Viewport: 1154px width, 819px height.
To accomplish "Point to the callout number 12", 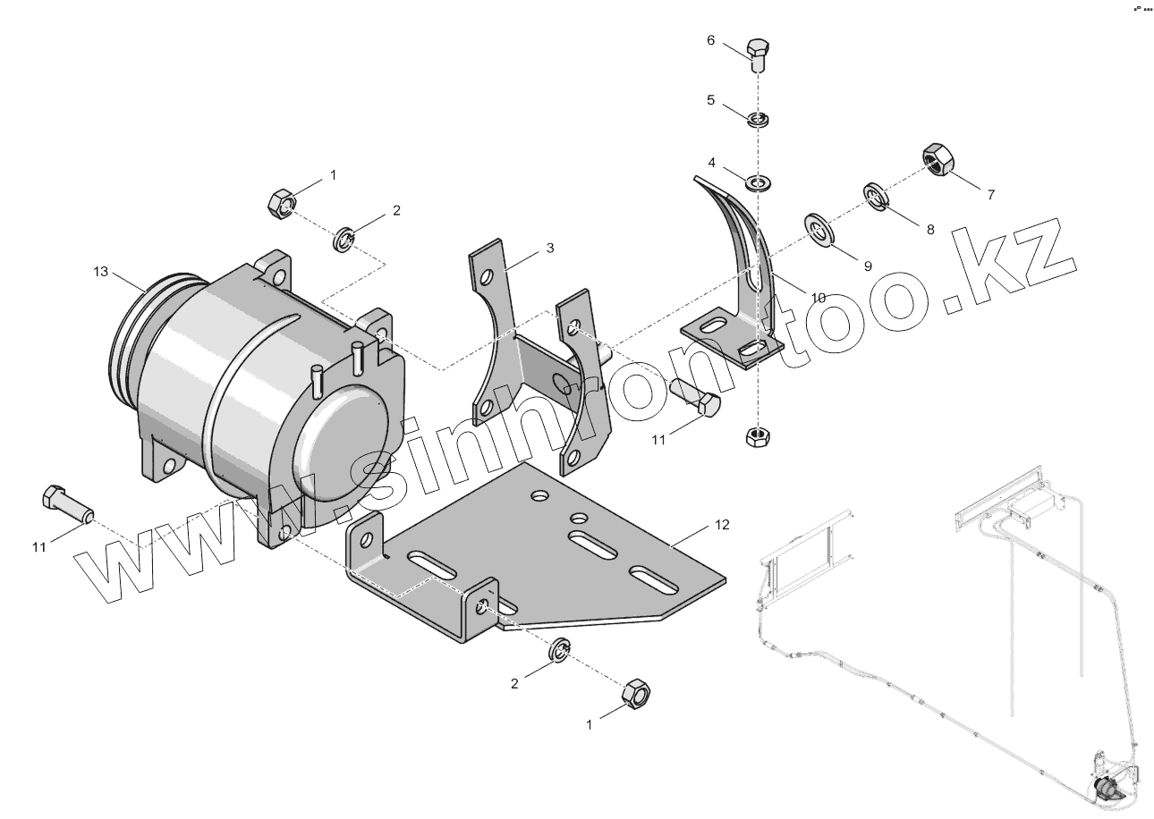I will click(722, 525).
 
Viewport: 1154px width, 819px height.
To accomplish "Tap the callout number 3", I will click(550, 248).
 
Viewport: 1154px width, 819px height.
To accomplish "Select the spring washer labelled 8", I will click(876, 197).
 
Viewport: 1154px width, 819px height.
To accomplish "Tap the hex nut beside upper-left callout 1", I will click(280, 203).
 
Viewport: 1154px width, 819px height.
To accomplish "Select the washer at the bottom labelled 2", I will click(558, 652).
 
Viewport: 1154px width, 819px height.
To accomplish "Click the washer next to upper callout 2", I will click(346, 239).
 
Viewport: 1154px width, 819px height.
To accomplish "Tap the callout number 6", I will click(711, 40).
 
